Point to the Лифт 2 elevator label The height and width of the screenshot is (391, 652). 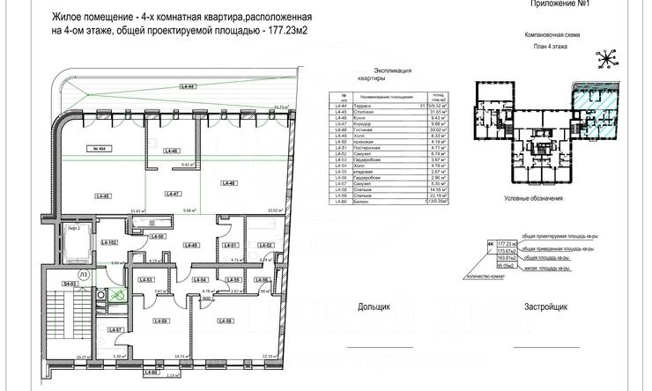tap(74, 229)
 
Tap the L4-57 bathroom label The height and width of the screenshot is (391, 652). tap(115, 330)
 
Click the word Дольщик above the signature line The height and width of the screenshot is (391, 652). tap(376, 308)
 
